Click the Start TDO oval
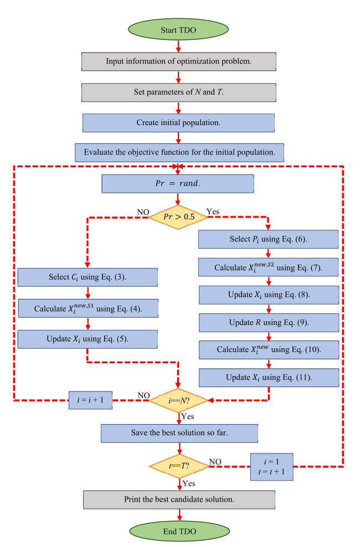pyautogui.click(x=179, y=29)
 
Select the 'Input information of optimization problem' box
pyautogui.click(x=179, y=61)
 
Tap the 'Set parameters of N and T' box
pyautogui.click(x=179, y=92)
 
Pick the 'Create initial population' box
pyautogui.click(x=179, y=122)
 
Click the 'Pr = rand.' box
pyautogui.click(x=177, y=183)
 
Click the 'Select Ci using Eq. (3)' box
pyautogui.click(x=88, y=277)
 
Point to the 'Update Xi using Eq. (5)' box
pyautogui.click(x=88, y=338)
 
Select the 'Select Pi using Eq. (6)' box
pyautogui.click(x=268, y=239)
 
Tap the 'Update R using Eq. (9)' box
pyautogui.click(x=268, y=322)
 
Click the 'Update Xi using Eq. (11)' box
pyautogui.click(x=268, y=378)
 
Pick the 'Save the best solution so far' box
pyautogui.click(x=179, y=433)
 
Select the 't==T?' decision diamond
pyautogui.click(x=178, y=467)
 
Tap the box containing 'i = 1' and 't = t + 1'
pyautogui.click(x=271, y=466)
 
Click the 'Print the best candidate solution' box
pyautogui.click(x=179, y=499)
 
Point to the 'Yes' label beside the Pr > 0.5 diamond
pyautogui.click(x=213, y=211)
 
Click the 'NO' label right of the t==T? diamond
pyautogui.click(x=216, y=461)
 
